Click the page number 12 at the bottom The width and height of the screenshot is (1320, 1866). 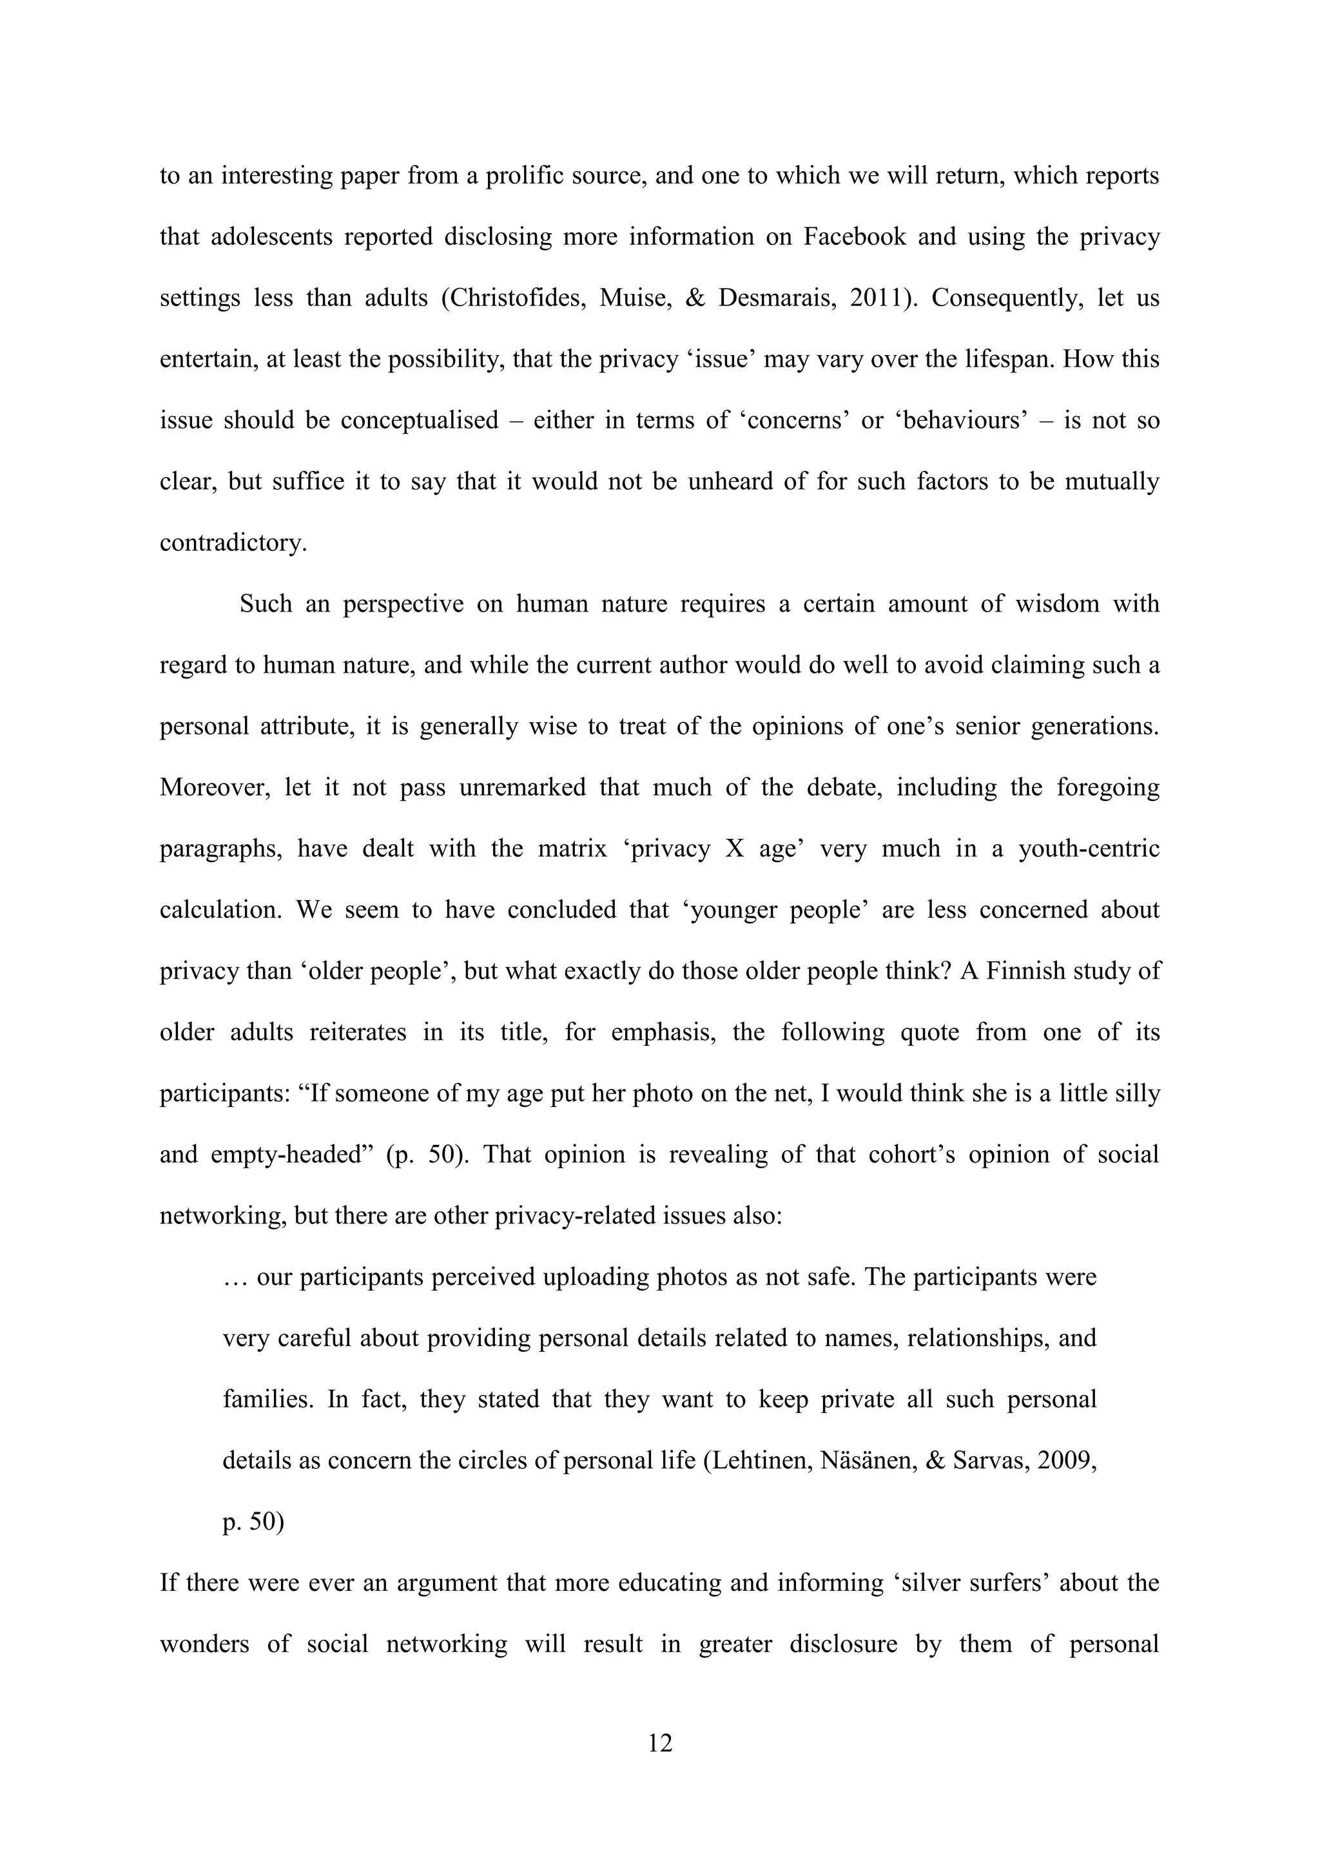660,1744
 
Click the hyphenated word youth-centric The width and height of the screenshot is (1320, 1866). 1089,849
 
